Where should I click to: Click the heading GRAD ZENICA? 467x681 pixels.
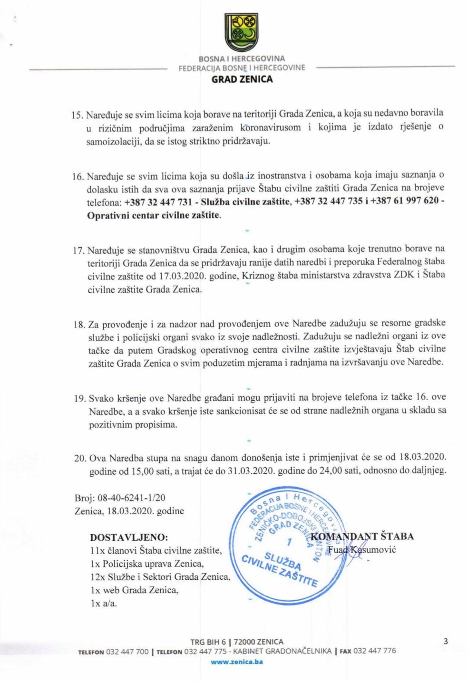[x=242, y=79]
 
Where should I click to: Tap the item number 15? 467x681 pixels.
[x=77, y=115]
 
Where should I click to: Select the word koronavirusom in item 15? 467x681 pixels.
[x=271, y=127]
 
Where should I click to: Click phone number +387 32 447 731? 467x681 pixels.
[x=158, y=202]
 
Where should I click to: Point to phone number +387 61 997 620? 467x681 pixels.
[x=404, y=201]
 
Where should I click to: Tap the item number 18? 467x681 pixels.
[x=79, y=325]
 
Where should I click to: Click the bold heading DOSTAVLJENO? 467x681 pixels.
[x=129, y=537]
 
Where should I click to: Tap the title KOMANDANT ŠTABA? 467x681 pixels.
[x=362, y=537]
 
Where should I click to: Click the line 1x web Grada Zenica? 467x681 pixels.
[x=134, y=590]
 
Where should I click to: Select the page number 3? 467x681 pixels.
[x=446, y=641]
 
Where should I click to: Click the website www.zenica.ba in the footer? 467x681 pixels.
[x=237, y=661]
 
